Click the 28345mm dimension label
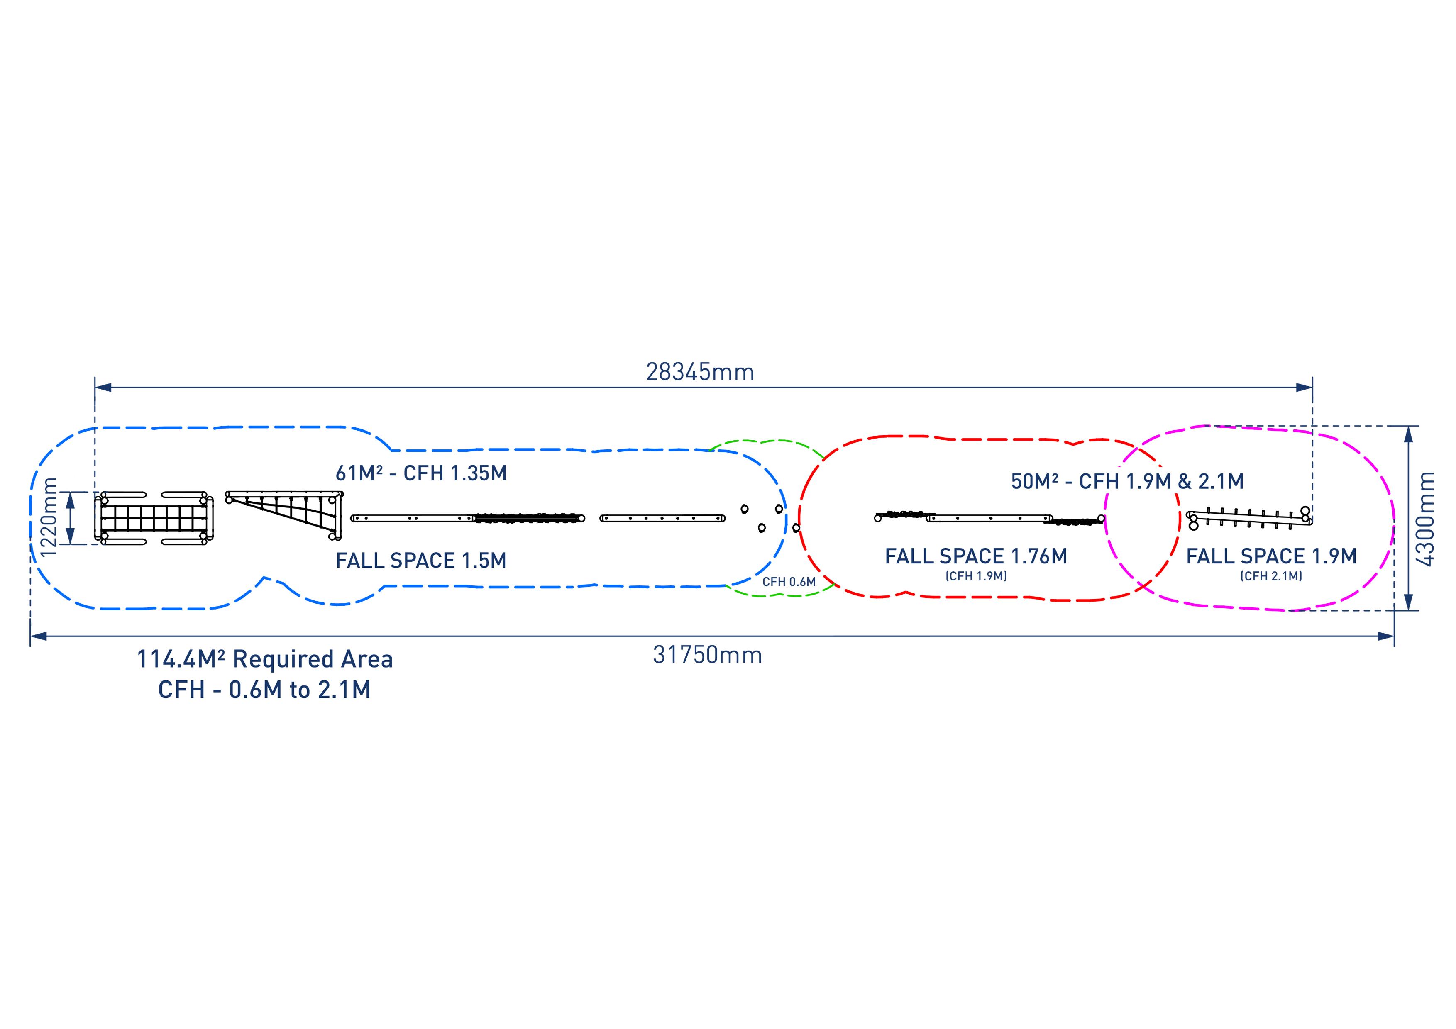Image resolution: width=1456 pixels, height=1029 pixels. [700, 372]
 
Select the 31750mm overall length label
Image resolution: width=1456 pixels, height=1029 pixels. [708, 655]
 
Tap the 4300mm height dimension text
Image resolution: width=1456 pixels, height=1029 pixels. [1426, 519]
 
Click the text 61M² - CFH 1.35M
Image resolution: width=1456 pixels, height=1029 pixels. [421, 473]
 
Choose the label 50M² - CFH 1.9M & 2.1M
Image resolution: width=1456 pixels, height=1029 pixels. [1128, 482]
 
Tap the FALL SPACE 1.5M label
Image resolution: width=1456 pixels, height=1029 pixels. [421, 561]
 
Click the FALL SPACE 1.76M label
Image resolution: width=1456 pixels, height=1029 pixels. [976, 557]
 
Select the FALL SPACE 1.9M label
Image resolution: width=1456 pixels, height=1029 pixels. [1271, 557]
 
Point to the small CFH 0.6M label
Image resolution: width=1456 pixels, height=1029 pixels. [789, 582]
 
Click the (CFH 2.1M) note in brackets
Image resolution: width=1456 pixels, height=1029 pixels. [1271, 576]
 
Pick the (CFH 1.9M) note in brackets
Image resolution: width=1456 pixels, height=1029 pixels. [976, 576]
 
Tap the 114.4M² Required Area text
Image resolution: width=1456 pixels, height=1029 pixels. [265, 659]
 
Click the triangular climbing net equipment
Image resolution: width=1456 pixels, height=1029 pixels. [284, 515]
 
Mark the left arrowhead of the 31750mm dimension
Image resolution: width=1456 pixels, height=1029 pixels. [38, 636]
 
